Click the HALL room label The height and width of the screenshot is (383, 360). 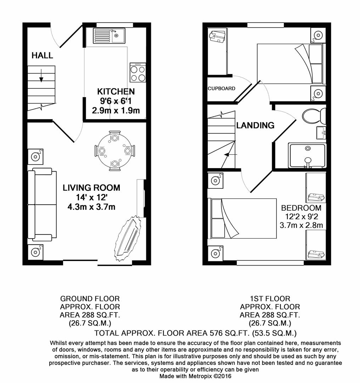(42, 55)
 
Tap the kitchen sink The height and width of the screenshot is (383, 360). (108, 36)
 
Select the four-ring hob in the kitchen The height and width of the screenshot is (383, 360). (138, 73)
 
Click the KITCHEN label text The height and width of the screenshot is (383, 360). (116, 92)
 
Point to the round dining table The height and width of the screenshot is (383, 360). (115, 151)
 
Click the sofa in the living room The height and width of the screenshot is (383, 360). (42, 204)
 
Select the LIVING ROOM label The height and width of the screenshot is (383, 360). (91, 188)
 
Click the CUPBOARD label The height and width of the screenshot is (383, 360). (221, 88)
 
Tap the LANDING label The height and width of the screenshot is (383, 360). (255, 125)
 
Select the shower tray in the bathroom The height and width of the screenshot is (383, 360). (307, 155)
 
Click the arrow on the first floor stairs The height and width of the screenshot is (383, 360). (230, 155)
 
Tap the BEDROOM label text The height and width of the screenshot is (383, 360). (301, 208)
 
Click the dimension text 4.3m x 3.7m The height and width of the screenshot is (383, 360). (91, 206)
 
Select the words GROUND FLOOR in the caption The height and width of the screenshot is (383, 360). (90, 299)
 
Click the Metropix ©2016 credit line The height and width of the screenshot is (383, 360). (195, 376)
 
